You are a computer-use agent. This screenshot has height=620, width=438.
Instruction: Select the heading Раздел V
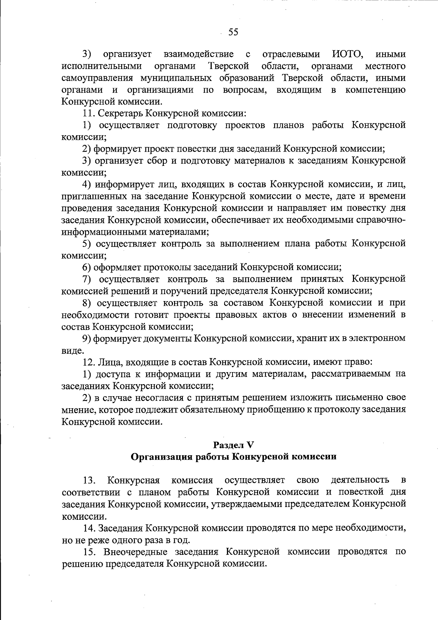233,445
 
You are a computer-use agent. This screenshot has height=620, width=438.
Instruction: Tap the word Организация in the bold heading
161,456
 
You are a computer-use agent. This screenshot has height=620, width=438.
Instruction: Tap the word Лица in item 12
111,362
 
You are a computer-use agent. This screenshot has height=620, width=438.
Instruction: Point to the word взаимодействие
199,55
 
